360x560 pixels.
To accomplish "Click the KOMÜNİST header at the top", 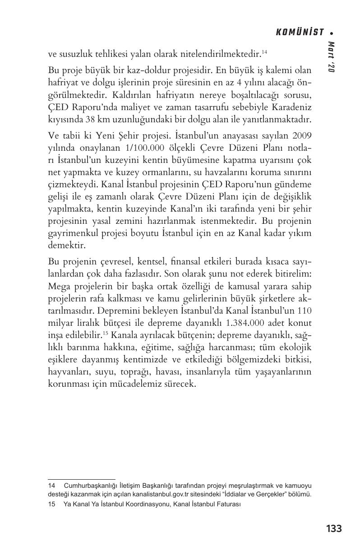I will click(x=300, y=32).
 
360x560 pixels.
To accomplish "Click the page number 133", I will click(x=333, y=528).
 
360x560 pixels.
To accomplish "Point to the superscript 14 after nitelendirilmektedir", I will click(x=264, y=52).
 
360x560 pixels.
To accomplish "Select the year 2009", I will click(x=302, y=135).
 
